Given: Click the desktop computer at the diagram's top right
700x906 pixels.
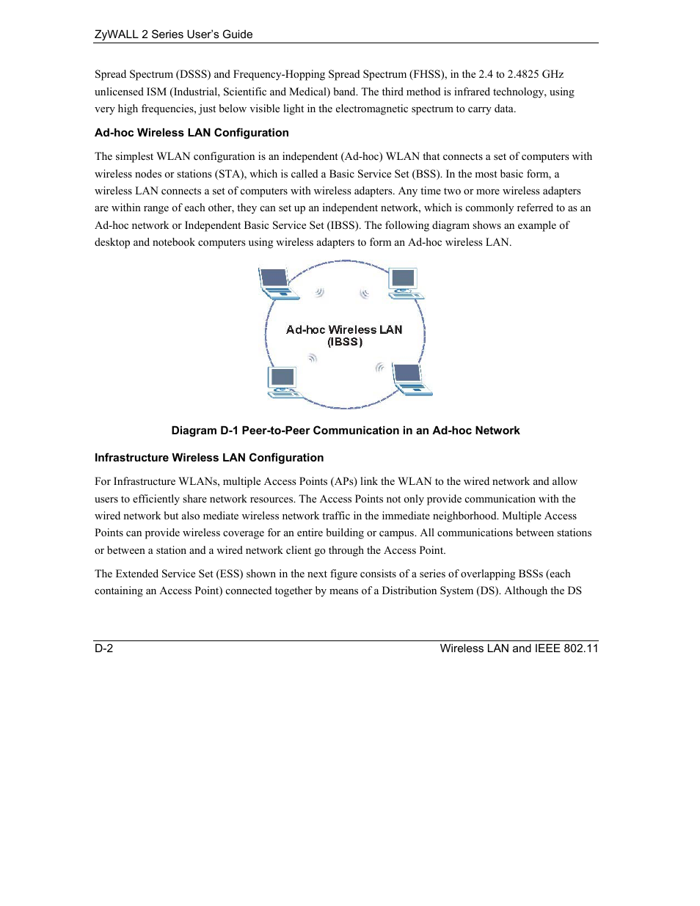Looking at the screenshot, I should pos(404,283).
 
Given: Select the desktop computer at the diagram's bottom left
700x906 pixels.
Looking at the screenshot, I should pos(283,381).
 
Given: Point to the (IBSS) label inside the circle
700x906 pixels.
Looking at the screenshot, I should pos(344,343).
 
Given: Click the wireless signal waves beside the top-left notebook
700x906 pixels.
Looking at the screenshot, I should pos(318,293).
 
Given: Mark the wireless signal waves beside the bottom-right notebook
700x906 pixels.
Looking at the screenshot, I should pos(379,367).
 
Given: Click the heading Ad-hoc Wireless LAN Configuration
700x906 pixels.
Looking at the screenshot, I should pos(192,133).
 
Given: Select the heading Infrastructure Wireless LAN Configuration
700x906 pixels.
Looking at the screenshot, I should pos(209,458).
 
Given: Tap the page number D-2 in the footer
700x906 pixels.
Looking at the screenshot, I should pos(103,649).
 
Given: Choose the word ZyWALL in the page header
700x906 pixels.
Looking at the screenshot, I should pos(117,34).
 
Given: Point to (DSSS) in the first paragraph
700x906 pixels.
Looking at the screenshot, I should pos(194,74).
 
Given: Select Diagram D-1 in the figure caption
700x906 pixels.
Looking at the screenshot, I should pos(205,431).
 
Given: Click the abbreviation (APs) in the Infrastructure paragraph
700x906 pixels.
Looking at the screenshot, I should pos(343,482).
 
